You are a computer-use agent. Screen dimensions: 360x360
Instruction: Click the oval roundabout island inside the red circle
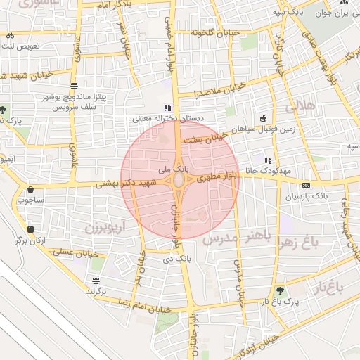[x=179, y=181]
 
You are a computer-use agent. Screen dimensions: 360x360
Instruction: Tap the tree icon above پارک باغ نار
[x=281, y=289]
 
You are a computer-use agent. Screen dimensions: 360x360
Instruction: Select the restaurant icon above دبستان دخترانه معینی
[x=167, y=108]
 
